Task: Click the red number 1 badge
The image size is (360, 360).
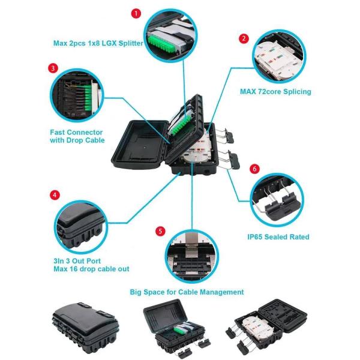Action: pyautogui.click(x=136, y=14)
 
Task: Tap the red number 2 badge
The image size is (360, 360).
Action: pyautogui.click(x=244, y=38)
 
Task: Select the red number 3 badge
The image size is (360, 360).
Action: pyautogui.click(x=53, y=68)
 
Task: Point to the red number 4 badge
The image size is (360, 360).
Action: pyautogui.click(x=55, y=195)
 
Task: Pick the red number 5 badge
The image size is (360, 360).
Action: pyautogui.click(x=160, y=231)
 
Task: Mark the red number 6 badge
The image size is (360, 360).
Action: pyautogui.click(x=254, y=169)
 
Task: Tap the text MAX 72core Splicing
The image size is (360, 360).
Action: pyautogui.click(x=275, y=92)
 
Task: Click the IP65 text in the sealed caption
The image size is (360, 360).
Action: pyautogui.click(x=256, y=237)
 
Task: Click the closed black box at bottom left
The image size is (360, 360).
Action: pyautogui.click(x=86, y=328)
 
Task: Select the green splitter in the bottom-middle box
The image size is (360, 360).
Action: pyautogui.click(x=178, y=329)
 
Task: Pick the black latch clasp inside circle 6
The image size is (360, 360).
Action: pyautogui.click(x=282, y=206)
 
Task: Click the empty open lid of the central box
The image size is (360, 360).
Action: pyautogui.click(x=140, y=144)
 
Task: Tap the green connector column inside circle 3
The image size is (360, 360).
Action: pyautogui.click(x=88, y=99)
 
